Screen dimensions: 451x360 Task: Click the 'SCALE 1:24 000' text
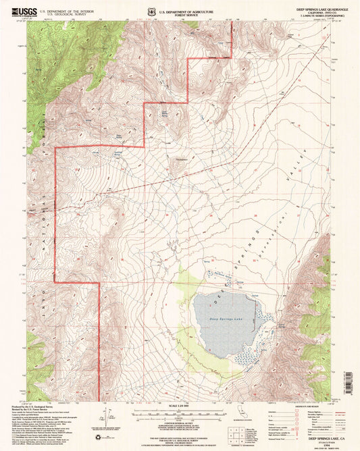[x=180, y=406]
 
